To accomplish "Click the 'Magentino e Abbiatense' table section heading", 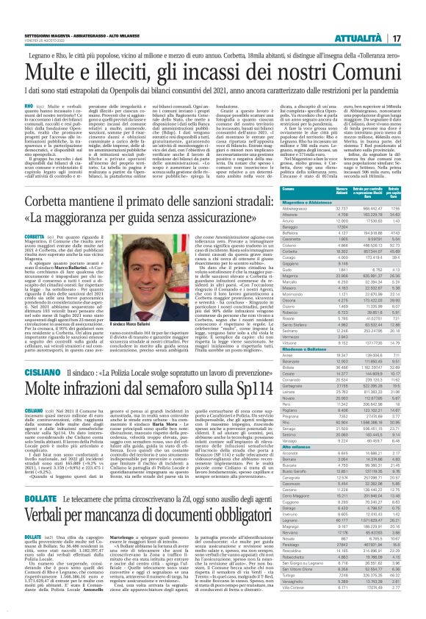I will [308, 202].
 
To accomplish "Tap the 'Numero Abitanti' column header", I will [345, 193].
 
